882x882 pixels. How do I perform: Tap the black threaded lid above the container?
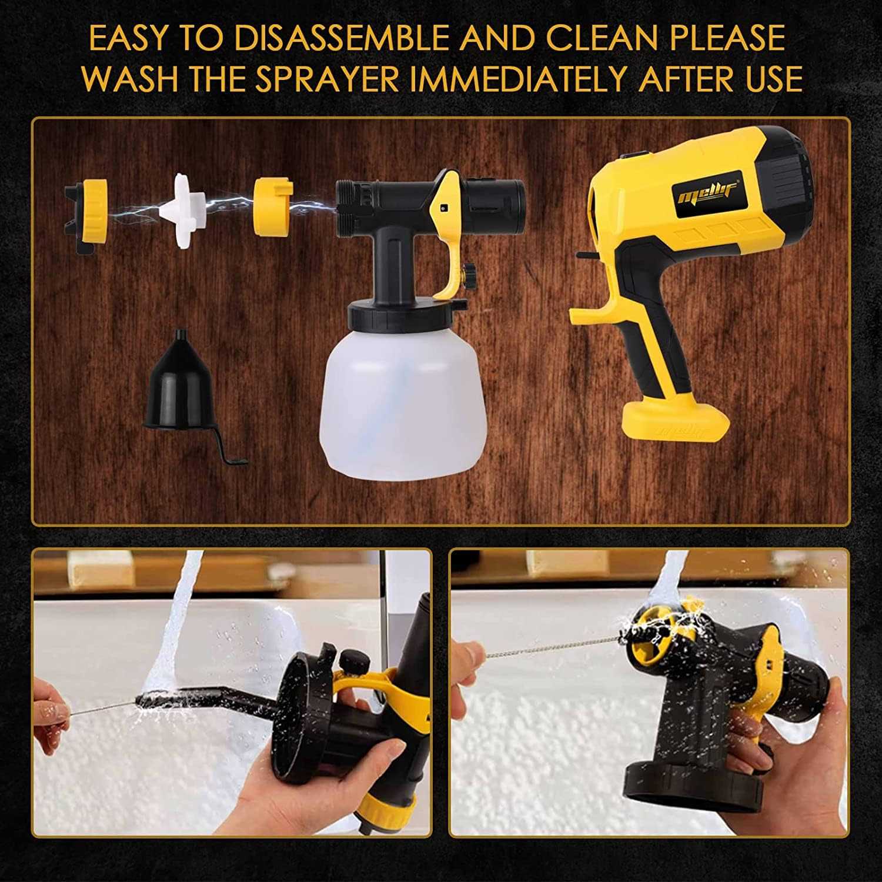point(407,314)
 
